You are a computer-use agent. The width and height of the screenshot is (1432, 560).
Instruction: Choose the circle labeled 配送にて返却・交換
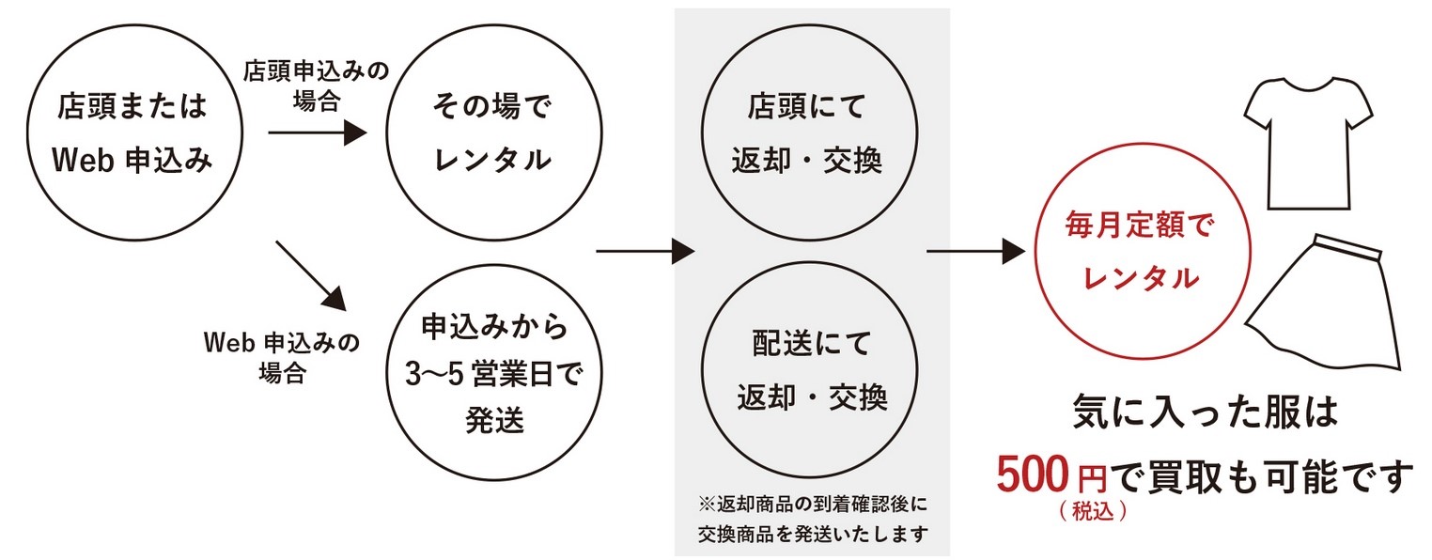(x=807, y=371)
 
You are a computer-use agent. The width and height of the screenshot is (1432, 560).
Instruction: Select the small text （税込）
(x=1091, y=514)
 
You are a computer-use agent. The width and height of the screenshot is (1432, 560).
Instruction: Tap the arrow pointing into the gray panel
(x=645, y=251)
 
